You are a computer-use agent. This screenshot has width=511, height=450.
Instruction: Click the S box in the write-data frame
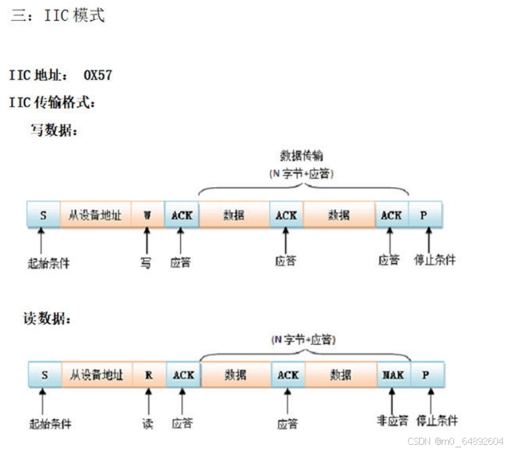point(43,214)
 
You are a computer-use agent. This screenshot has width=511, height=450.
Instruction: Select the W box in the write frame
point(147,214)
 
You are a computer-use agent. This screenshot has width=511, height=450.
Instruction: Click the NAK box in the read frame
point(393,374)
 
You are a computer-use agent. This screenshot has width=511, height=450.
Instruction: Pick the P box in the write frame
point(425,214)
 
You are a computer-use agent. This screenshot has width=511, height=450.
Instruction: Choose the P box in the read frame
point(426,374)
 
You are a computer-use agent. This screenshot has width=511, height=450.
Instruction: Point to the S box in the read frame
point(45,374)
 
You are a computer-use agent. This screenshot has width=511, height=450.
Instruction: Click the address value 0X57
point(98,75)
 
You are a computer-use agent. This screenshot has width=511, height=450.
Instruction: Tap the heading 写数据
point(54,131)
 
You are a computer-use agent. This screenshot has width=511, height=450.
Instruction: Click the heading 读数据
point(47,319)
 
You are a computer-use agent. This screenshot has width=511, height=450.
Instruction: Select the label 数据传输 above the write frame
point(302,156)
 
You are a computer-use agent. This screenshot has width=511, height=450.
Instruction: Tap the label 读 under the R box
point(148,424)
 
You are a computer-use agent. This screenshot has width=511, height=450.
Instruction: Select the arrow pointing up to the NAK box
point(392,398)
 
